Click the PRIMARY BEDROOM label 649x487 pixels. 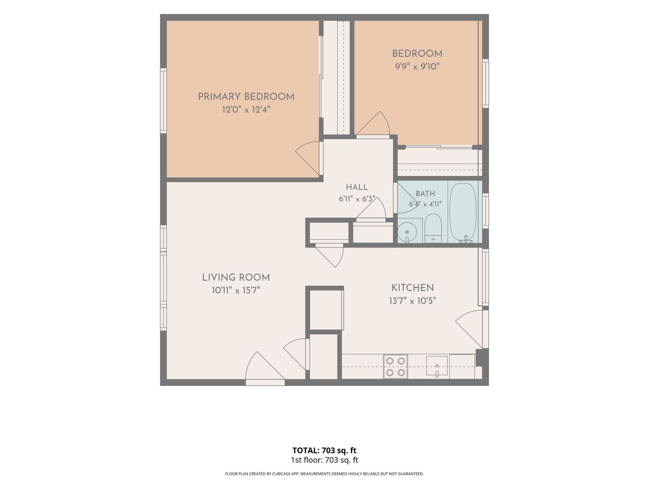(246, 96)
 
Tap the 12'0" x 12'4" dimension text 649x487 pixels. (246, 110)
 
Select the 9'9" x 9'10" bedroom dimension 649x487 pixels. (417, 67)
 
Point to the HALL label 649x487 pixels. (357, 187)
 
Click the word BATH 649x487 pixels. (425, 194)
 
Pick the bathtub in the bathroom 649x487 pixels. (463, 212)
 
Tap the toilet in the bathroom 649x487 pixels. (433, 228)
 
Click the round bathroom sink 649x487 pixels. (407, 232)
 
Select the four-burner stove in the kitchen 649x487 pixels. (395, 366)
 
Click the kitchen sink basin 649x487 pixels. (437, 366)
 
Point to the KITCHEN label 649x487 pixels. (412, 288)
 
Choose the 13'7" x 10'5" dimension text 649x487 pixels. (412, 301)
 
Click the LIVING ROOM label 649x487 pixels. (236, 277)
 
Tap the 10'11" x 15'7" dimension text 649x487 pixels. (236, 290)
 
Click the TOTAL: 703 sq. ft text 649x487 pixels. (324, 450)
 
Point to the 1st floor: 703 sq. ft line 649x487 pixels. (324, 460)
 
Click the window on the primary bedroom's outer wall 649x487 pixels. (163, 101)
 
